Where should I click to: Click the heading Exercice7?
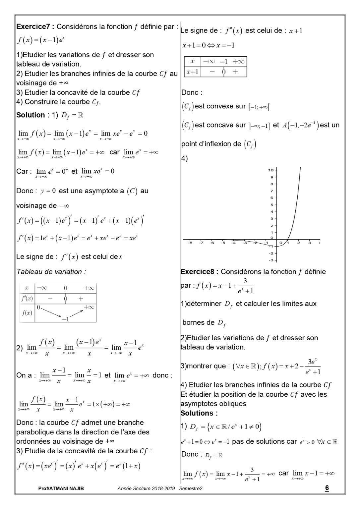coord(34,27)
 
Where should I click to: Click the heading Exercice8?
coord(198,272)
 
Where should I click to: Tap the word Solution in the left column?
coord(30,115)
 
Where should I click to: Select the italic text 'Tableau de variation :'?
coord(51,272)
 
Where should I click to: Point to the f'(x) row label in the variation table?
coord(27,299)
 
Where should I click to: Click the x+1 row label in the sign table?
coord(192,72)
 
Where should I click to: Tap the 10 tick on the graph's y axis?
coord(270,170)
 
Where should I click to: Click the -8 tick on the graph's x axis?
coord(190,243)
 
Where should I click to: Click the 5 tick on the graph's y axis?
coord(271,205)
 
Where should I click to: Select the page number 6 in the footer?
coord(327,488)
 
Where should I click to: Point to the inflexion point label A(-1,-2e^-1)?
coord(300,125)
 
